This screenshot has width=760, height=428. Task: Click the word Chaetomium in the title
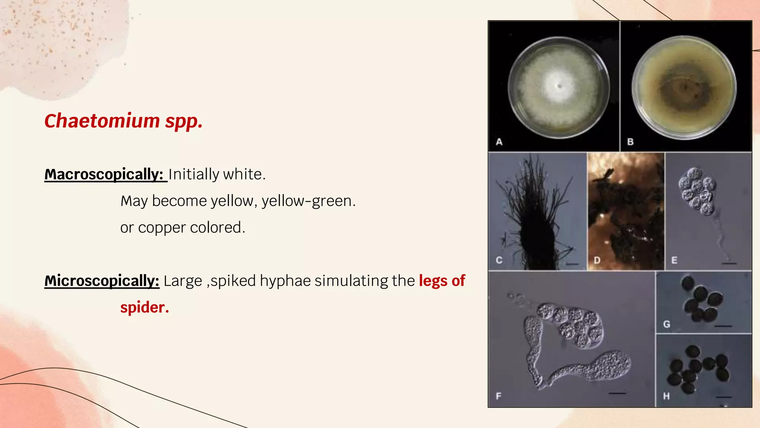[x=102, y=121]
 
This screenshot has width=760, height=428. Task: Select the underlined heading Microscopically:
[x=102, y=281]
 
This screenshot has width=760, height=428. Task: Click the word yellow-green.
[x=308, y=201]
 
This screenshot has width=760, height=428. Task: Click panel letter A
[x=499, y=142]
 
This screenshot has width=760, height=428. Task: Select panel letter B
[x=630, y=142]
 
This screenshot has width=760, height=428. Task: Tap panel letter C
[x=499, y=260]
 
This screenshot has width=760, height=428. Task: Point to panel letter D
[x=597, y=260]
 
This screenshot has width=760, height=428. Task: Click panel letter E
[x=674, y=260]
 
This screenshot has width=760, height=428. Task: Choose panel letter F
[x=498, y=396]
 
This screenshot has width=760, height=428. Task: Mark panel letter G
[x=666, y=324]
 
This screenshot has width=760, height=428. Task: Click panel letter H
[x=666, y=396]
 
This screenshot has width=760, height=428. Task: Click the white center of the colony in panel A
[x=558, y=86]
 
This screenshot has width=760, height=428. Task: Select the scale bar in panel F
[x=617, y=393]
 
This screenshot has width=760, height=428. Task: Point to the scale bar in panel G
[x=723, y=326]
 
